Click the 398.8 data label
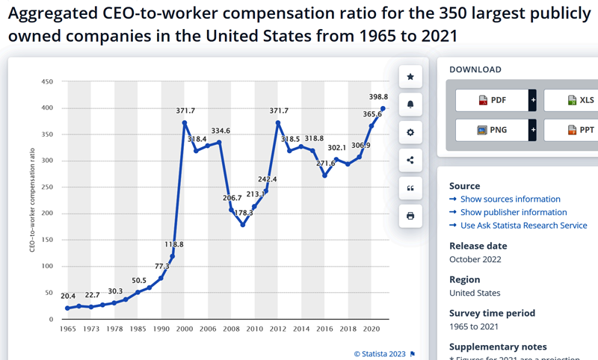pos(379,96)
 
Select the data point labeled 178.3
pos(243,225)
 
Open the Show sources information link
pos(510,199)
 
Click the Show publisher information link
pos(513,212)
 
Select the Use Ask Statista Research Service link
pos(523,226)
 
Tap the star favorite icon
pos(410,76)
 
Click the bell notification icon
pos(410,105)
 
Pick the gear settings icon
pos(410,132)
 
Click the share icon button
pos(410,160)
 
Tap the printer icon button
pos(410,216)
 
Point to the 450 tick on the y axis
pos(47,81)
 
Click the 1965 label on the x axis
pos(67,329)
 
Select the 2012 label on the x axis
pos(278,329)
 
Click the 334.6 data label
pos(221,131)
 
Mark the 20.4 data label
pos(68,296)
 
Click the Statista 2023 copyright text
pos(380,353)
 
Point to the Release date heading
pos(479,246)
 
